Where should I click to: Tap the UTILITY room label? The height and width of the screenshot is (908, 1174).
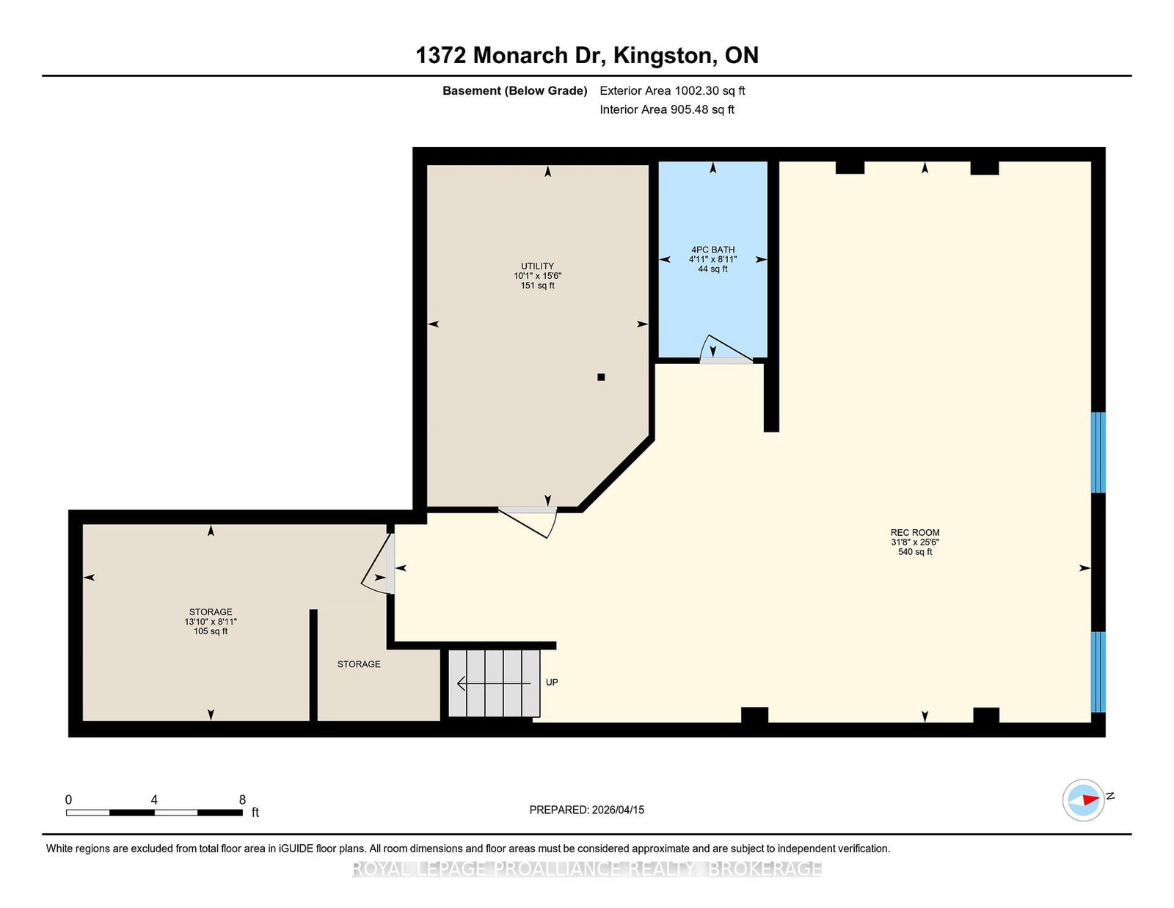pyautogui.click(x=537, y=266)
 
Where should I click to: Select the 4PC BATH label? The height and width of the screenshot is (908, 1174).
pyautogui.click(x=712, y=250)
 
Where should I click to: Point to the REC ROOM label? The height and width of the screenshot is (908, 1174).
pyautogui.click(x=915, y=532)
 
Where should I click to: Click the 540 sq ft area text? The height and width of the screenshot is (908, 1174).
pyautogui.click(x=915, y=552)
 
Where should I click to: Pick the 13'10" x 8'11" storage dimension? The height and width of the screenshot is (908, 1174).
pyautogui.click(x=211, y=622)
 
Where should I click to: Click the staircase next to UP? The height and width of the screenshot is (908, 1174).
pyautogui.click(x=494, y=683)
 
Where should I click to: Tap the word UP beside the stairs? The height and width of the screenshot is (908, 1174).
pyautogui.click(x=552, y=682)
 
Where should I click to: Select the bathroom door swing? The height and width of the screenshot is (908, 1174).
pyautogui.click(x=726, y=349)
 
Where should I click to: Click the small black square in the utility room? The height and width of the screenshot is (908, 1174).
pyautogui.click(x=601, y=377)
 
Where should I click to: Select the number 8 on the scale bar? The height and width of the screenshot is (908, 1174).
pyautogui.click(x=242, y=799)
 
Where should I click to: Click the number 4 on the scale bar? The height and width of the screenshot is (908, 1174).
pyautogui.click(x=154, y=799)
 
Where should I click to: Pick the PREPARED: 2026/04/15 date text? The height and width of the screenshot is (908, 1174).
pyautogui.click(x=587, y=810)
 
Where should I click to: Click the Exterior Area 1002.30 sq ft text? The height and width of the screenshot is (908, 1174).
pyautogui.click(x=672, y=91)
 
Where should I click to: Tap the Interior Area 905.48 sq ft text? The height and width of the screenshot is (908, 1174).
pyautogui.click(x=667, y=109)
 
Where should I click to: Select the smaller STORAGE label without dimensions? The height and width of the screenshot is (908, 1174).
pyautogui.click(x=359, y=664)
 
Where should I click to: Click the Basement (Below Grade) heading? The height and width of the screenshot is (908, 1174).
pyautogui.click(x=515, y=91)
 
